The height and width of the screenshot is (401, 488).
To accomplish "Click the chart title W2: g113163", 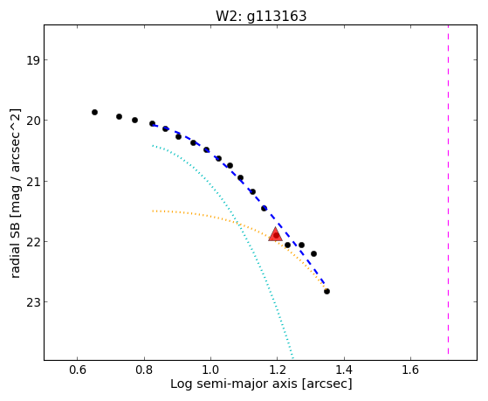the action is tap(261, 17).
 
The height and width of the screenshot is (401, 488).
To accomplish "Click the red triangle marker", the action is tap(276, 234).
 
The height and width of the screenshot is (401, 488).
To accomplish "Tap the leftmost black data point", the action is tap(94, 112).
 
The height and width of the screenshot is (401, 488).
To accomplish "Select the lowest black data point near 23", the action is tap(326, 291).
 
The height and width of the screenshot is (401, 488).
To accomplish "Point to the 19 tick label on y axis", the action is tap(33, 59).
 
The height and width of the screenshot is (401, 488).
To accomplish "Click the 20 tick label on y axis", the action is tap(33, 121).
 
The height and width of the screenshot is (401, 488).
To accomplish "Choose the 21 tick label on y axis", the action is tap(33, 181).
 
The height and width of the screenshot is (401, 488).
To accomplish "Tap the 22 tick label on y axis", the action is tap(33, 241).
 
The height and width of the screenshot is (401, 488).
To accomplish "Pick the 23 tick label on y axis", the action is tap(33, 302).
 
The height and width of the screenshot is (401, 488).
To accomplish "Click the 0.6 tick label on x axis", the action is tap(77, 370).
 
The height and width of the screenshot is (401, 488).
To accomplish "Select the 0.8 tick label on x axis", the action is tap(144, 370).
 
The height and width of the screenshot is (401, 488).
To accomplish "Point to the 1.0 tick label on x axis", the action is tap(210, 370).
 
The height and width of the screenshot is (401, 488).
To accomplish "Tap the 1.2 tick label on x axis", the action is tap(278, 370).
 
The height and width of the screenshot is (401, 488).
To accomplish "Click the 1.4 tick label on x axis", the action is tap(344, 370).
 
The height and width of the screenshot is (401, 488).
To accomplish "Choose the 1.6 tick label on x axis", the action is tap(410, 370).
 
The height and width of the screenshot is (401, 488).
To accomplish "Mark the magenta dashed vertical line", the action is tap(448, 190).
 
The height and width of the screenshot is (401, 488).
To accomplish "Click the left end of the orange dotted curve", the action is tap(153, 211).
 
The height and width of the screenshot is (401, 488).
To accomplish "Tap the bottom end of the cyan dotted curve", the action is tap(292, 357).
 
